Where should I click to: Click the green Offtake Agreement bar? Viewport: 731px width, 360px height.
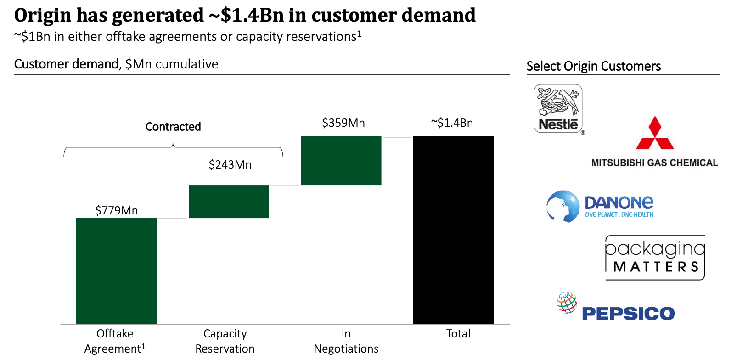point(116,271)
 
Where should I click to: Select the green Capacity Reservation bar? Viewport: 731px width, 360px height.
point(229,202)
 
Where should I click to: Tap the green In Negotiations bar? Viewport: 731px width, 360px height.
point(341,161)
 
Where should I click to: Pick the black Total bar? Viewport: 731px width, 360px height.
point(453,230)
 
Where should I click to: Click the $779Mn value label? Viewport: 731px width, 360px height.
point(116,210)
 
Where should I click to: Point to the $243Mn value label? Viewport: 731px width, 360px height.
point(230,164)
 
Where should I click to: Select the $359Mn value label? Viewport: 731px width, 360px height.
point(343,123)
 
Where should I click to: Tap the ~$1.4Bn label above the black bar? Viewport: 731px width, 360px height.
point(452,123)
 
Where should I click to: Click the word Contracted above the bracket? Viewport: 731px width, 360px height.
point(173,127)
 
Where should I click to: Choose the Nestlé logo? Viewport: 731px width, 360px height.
point(558,109)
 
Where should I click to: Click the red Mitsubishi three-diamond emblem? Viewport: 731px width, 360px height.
point(655,134)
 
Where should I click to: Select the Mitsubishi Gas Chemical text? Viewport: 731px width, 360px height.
point(654,163)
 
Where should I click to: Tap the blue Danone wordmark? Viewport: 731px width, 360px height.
point(619,202)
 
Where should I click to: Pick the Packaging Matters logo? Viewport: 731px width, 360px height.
point(655,258)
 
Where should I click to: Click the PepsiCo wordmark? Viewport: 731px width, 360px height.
point(628,314)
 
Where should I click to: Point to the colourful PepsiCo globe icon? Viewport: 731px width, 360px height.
point(567,303)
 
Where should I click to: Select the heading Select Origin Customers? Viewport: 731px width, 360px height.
point(593,66)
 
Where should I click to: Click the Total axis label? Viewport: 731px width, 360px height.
point(458,334)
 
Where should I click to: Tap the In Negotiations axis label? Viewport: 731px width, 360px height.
point(346,341)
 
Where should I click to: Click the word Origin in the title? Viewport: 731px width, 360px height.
point(43,15)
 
